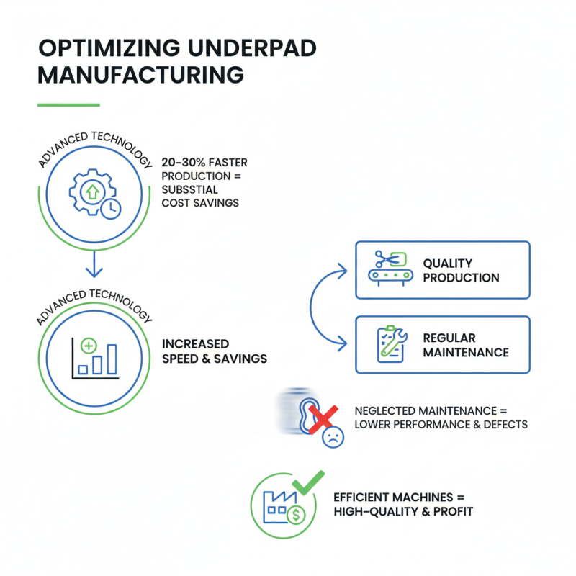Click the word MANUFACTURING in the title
[140, 75]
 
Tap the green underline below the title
[68, 105]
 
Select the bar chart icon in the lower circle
[94, 357]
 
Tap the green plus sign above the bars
[89, 346]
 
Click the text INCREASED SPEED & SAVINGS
[215, 351]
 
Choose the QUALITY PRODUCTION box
[443, 270]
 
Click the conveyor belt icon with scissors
[388, 266]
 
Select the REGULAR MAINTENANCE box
[443, 344]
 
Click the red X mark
[324, 416]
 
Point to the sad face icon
[332, 437]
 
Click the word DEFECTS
[504, 424]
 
